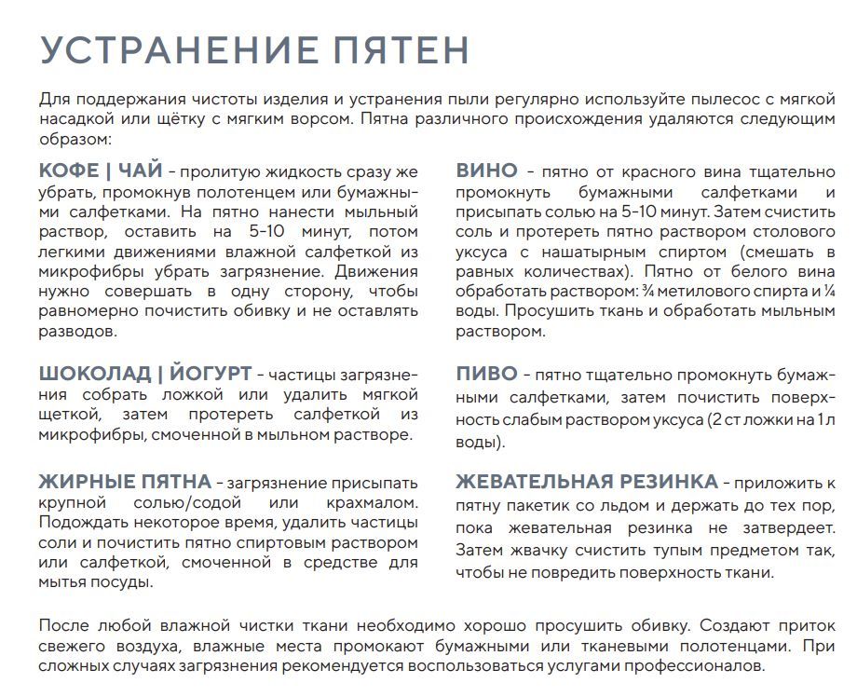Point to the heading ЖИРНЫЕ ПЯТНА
[125, 482]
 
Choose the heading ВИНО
[486, 171]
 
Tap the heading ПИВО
[486, 374]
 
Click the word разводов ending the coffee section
[78, 331]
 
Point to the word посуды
[125, 582]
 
